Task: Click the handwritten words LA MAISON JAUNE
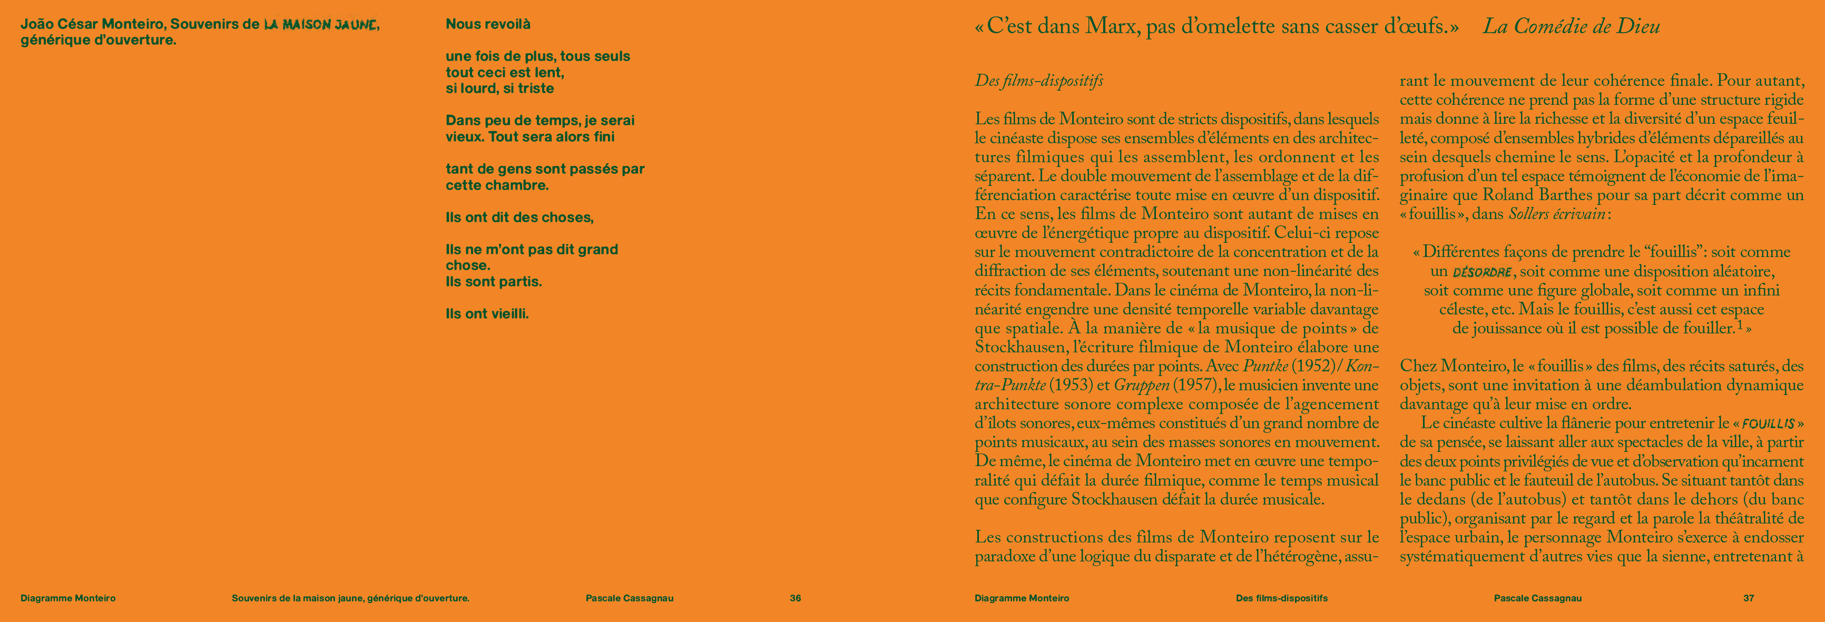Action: (319, 25)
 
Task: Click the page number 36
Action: (795, 598)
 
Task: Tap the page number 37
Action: (1749, 598)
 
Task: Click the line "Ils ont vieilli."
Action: (487, 314)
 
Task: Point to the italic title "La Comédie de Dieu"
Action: (1572, 27)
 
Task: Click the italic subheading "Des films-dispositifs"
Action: (1038, 81)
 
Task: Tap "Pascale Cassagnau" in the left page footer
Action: (629, 598)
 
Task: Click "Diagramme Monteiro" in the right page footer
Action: (1022, 598)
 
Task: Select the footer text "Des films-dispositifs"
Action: (1282, 598)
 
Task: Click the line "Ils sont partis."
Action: (493, 282)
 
